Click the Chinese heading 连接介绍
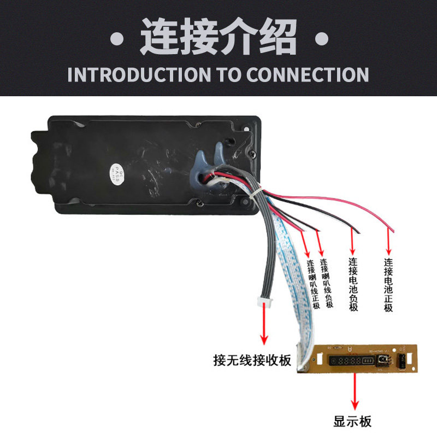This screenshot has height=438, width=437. [x=218, y=37]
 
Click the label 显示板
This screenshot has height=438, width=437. [x=352, y=422]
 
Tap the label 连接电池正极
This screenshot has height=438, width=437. [x=388, y=285]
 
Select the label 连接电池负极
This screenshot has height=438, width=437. [x=353, y=285]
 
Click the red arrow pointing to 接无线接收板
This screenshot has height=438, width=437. [x=266, y=325]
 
